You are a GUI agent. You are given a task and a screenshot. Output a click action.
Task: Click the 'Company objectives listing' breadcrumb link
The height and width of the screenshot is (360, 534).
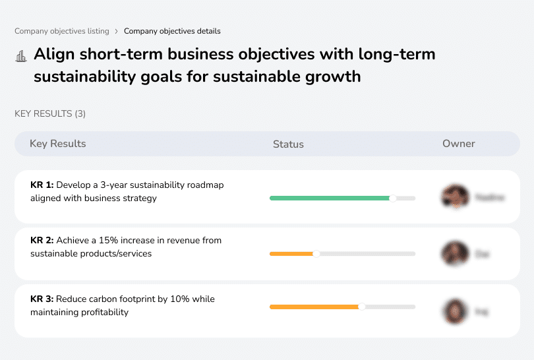click(x=61, y=31)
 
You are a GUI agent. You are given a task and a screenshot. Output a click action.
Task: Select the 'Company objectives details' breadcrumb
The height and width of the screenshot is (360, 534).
click(x=172, y=31)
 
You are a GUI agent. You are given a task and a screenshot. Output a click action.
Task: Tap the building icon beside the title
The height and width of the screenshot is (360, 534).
click(x=20, y=56)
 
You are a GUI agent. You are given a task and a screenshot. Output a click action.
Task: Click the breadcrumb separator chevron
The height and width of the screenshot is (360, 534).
click(x=116, y=31)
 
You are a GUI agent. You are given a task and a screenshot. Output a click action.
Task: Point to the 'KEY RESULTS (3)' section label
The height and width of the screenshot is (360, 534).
click(x=50, y=114)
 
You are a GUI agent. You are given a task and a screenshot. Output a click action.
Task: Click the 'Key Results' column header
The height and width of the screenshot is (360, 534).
click(x=58, y=144)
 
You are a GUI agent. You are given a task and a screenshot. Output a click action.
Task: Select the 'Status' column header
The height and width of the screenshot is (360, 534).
click(x=288, y=144)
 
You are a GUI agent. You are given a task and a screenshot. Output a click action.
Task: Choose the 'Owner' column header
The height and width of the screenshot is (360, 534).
click(x=458, y=144)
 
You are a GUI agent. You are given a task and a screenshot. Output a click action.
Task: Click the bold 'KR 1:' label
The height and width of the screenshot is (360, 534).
click(x=42, y=185)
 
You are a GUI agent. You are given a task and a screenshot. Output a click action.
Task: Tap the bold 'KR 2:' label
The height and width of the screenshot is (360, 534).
click(x=42, y=241)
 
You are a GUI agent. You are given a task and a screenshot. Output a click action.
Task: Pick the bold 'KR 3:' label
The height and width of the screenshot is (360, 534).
click(x=42, y=299)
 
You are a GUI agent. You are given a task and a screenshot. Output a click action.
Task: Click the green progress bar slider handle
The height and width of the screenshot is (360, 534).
click(x=393, y=198)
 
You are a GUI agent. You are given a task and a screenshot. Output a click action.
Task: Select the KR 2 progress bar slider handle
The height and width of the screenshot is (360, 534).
click(x=316, y=254)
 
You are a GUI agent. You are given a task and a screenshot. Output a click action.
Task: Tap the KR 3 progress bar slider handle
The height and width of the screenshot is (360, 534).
click(x=362, y=307)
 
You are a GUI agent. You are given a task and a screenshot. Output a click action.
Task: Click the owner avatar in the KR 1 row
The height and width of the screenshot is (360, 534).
click(x=455, y=197)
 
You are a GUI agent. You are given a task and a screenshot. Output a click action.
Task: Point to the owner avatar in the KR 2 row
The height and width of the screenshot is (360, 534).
click(x=455, y=253)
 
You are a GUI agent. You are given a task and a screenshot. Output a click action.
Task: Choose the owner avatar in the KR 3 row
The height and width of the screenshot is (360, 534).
click(x=455, y=311)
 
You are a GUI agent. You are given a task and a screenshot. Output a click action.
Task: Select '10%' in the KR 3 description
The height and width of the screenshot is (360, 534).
click(x=180, y=299)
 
